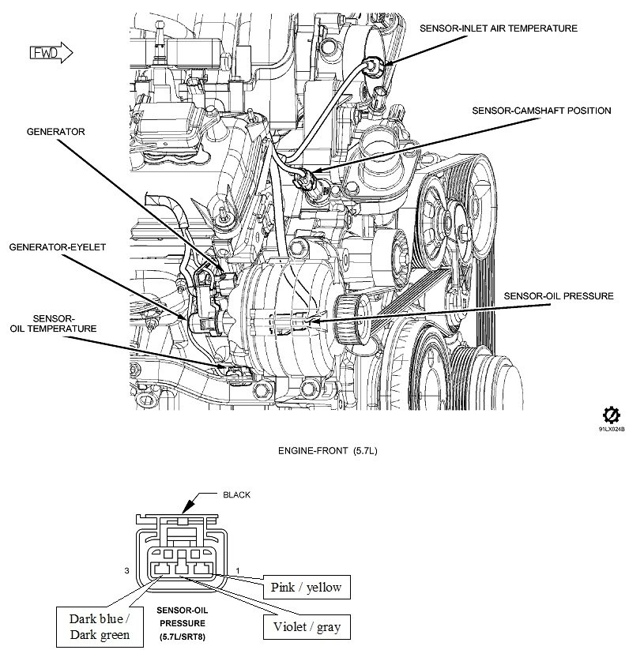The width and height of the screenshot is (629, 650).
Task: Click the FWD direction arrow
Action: coord(51,53)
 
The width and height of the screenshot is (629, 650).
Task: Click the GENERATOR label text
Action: coord(55,132)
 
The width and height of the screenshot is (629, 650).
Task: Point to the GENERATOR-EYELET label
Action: coord(57,246)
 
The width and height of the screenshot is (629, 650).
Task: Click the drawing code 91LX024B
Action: coord(611,430)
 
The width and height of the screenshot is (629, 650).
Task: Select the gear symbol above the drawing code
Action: coord(611,415)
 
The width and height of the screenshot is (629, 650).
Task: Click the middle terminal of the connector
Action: coord(184,569)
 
